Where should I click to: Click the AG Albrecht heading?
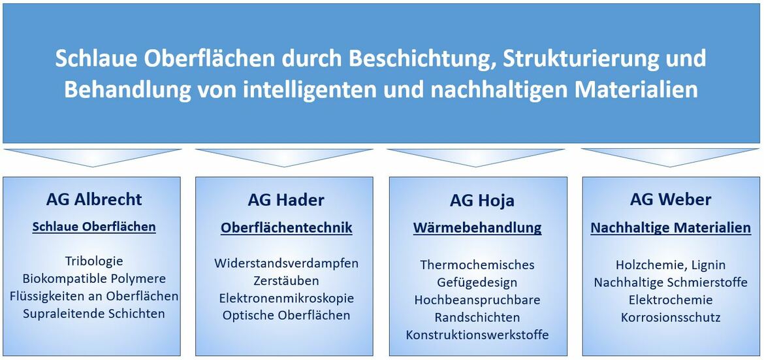point(94,199)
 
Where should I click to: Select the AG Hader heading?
point(286,200)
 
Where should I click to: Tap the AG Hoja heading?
point(482,201)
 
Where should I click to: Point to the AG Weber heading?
point(671,199)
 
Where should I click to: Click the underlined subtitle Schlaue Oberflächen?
point(94,227)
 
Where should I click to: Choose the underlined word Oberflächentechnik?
point(287,228)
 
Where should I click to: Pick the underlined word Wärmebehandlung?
point(477,228)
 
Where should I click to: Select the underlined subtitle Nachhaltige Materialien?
point(671,228)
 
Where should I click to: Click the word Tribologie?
point(93,261)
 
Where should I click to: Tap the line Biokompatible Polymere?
point(94,279)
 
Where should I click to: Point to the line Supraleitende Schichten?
point(94,313)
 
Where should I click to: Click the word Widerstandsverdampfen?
point(287,263)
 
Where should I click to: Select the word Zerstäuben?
point(287,280)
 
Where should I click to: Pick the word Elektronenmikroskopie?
point(287,298)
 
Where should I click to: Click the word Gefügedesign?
point(477,282)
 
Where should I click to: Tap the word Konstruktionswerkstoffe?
point(477,335)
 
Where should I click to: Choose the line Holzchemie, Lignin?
point(671,265)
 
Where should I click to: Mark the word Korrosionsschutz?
point(671,318)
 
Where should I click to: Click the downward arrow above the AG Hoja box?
point(475,157)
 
